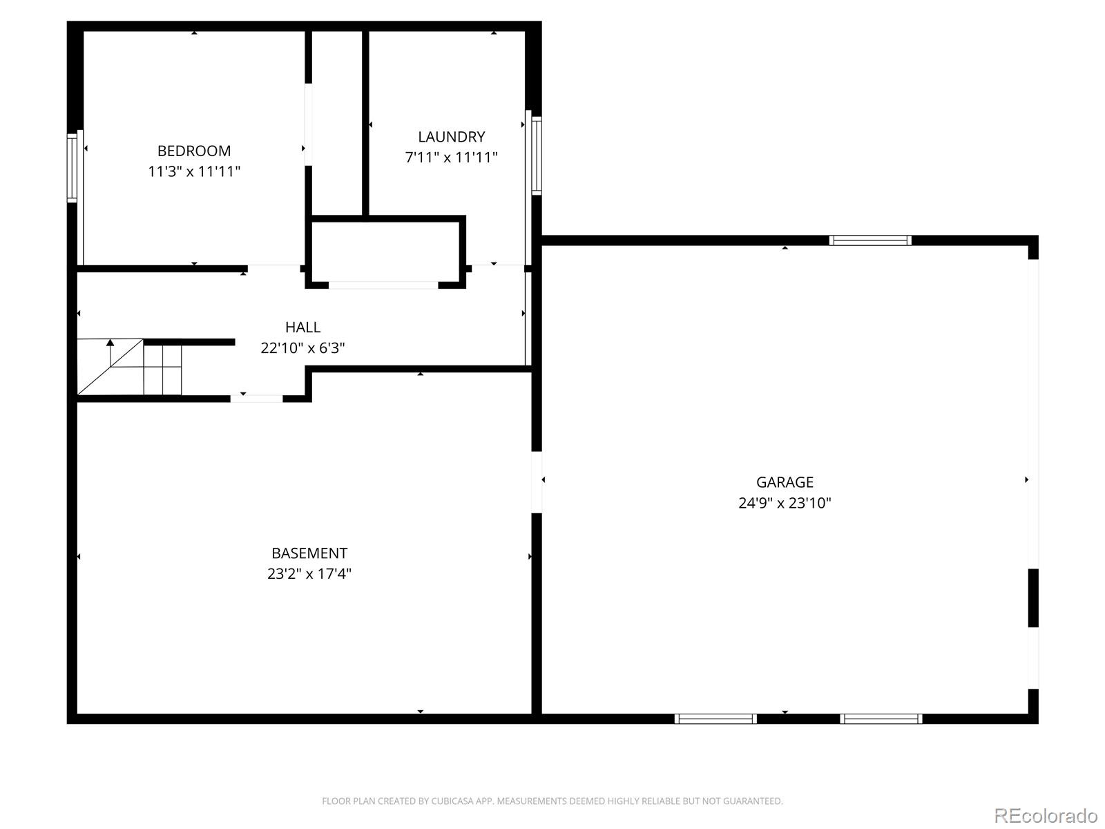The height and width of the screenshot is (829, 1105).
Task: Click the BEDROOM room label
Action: (x=194, y=151)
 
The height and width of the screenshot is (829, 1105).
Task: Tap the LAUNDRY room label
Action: (x=451, y=137)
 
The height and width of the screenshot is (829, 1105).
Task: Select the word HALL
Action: (x=302, y=327)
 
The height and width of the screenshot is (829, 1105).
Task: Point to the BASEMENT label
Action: (x=309, y=553)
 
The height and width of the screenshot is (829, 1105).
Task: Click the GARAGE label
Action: (x=785, y=482)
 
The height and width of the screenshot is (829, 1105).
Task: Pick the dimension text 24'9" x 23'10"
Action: (x=785, y=503)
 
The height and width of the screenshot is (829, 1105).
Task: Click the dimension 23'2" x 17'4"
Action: (x=309, y=573)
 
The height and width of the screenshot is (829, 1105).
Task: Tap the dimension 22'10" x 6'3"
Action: (x=302, y=347)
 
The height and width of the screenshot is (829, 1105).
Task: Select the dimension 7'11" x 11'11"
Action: (x=451, y=158)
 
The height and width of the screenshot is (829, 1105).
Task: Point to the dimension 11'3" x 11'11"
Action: (x=194, y=171)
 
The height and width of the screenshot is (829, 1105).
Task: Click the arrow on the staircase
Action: (x=110, y=343)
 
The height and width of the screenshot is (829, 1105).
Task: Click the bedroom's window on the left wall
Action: (x=72, y=167)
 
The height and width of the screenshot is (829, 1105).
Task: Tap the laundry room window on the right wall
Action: (x=537, y=155)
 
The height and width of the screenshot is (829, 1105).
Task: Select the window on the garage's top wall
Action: (x=870, y=240)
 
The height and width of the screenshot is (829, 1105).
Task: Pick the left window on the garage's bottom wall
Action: (x=715, y=718)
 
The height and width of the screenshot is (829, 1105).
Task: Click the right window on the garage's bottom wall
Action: (x=881, y=718)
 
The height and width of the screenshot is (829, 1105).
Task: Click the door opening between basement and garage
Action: (x=537, y=482)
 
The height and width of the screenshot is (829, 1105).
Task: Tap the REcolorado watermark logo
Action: (x=1046, y=815)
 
